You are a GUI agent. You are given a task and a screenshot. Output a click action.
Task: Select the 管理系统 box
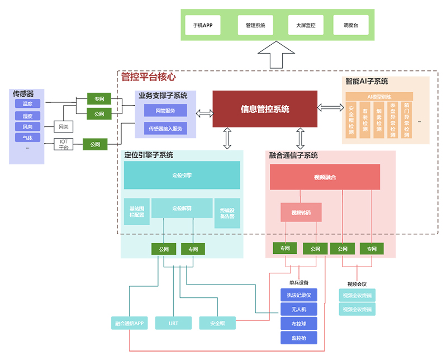pos(255,25)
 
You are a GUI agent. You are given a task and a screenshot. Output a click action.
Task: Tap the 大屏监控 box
pos(306,25)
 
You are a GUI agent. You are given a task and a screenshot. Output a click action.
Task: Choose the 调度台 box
pos(350,25)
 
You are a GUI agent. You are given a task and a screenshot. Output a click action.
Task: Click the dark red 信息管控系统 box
pos(265,109)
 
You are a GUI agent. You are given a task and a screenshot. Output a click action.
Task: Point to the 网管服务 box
pos(165,111)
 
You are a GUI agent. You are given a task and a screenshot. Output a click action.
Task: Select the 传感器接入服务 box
pos(165,129)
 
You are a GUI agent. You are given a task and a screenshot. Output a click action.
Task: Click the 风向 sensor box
pos(27,127)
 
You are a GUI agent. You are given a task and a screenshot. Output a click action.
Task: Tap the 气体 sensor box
pos(27,138)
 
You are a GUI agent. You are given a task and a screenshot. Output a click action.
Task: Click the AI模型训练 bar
pos(378,97)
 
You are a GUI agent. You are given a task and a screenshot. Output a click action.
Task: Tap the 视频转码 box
pos(301,213)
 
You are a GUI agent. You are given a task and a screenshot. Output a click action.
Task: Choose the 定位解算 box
pos(182,208)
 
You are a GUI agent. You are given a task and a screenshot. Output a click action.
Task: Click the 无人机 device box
pos(299,309)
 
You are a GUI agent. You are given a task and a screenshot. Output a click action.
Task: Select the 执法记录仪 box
pos(299,295)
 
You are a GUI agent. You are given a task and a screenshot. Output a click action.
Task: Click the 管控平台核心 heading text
pos(149,77)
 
